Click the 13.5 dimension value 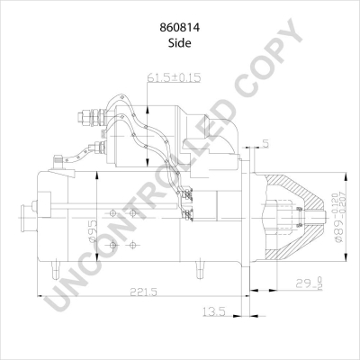click(x=214, y=311)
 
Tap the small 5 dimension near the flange click(x=266, y=142)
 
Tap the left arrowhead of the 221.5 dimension click(x=40, y=292)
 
